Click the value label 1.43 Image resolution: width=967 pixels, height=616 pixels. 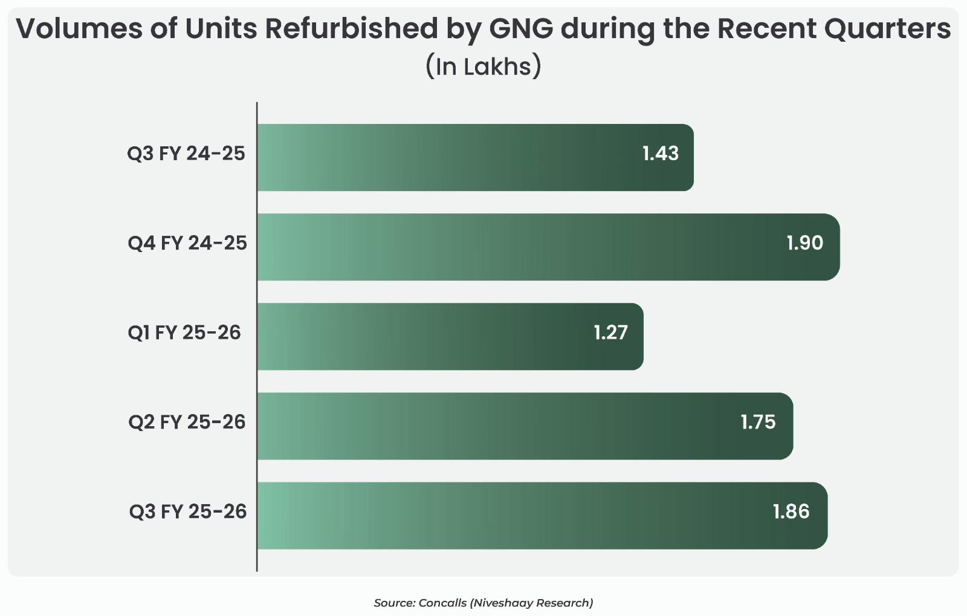661,154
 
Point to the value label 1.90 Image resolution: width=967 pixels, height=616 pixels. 804,243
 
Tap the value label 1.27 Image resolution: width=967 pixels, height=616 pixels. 610,332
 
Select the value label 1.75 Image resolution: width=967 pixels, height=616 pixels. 758,422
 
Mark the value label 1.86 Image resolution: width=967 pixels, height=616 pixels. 791,511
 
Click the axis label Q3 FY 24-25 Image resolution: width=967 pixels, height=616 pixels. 186,154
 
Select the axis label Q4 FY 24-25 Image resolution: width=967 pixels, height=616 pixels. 187,243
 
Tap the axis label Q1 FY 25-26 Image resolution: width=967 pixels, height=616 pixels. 184,332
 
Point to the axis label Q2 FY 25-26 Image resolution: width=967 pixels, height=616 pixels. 187,422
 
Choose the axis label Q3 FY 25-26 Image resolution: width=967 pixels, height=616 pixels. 188,511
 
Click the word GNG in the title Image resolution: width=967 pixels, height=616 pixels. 520,28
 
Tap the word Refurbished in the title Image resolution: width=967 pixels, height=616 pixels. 351,28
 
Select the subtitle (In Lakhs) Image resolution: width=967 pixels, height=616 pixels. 483,66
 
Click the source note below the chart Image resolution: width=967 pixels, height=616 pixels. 483,603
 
